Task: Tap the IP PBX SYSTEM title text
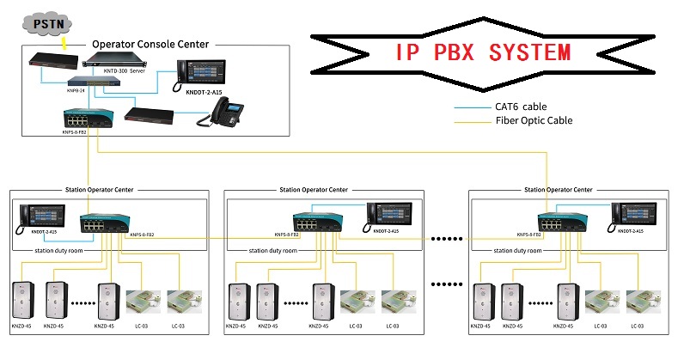point(484,52)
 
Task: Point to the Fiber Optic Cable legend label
point(534,121)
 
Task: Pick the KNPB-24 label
point(78,88)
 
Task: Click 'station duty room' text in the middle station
point(272,250)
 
